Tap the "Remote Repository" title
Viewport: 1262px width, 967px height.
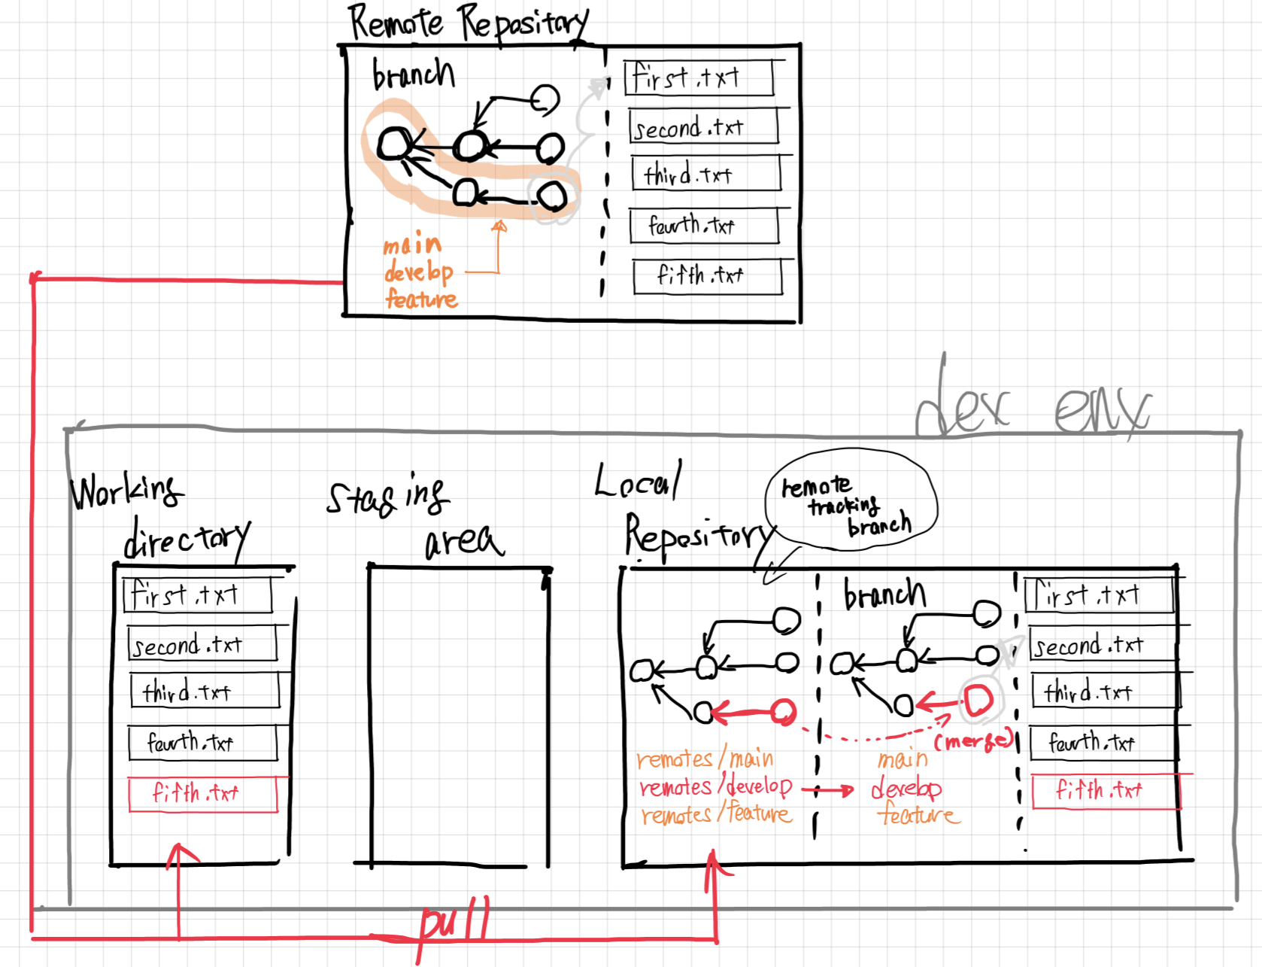tap(468, 23)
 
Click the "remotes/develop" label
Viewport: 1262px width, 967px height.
tap(715, 787)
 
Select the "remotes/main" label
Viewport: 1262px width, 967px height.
tap(705, 759)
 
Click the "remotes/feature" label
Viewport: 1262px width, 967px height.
tap(716, 814)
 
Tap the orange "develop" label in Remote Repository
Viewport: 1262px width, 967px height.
tap(418, 272)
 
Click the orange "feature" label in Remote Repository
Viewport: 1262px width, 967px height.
tap(421, 300)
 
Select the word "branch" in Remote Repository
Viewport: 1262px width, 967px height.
tap(414, 74)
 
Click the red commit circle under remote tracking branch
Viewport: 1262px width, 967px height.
tap(784, 711)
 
